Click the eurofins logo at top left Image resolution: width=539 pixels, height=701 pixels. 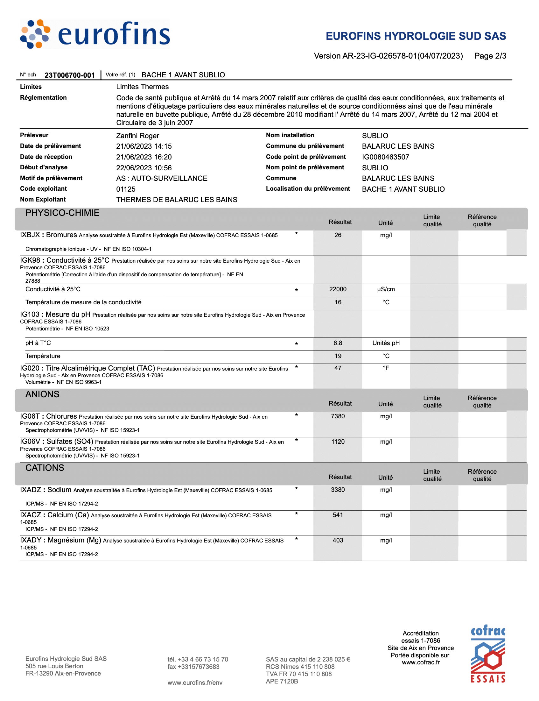(x=95, y=34)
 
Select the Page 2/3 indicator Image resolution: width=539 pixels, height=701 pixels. (x=490, y=56)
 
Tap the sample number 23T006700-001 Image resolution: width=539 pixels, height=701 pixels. (x=70, y=75)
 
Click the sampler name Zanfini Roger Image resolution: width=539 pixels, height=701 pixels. (x=137, y=136)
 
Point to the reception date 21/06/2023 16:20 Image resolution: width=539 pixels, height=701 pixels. (x=144, y=157)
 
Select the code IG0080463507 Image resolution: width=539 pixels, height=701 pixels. (x=385, y=157)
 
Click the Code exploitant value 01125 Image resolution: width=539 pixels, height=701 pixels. (x=126, y=189)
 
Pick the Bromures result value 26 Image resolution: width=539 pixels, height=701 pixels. (x=338, y=235)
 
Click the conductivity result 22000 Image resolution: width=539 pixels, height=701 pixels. (x=338, y=289)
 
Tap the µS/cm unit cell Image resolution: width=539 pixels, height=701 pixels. (x=386, y=289)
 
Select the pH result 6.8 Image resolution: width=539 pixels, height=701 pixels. (x=338, y=343)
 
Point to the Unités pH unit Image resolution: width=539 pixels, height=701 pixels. (x=386, y=343)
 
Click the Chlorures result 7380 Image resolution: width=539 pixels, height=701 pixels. (x=338, y=416)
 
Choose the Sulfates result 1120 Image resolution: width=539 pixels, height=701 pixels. (x=338, y=442)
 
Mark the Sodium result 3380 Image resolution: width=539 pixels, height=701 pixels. (x=338, y=490)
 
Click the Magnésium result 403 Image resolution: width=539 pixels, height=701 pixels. (x=338, y=540)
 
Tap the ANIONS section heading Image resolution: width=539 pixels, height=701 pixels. (x=42, y=394)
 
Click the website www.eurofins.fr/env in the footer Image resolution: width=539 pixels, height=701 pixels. (x=195, y=683)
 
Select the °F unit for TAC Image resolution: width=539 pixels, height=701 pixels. (x=386, y=368)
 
